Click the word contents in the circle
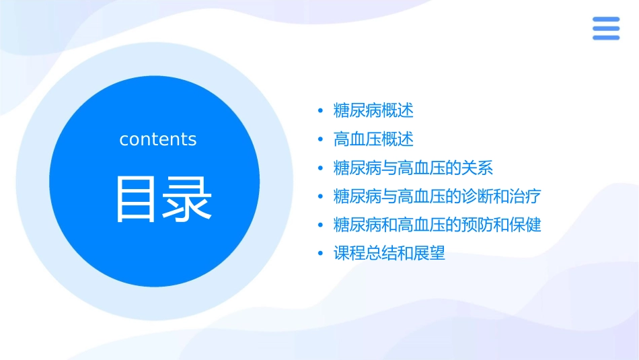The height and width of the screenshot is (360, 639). coord(158,139)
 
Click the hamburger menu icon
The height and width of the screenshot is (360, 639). coord(606,29)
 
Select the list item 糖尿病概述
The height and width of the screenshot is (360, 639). coord(373,110)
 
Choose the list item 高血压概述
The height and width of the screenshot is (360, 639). coord(373,139)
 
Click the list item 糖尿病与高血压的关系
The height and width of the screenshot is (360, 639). coord(413,168)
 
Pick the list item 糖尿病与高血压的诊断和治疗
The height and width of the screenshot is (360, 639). coord(437,196)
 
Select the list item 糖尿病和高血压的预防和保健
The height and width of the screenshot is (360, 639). coord(437,225)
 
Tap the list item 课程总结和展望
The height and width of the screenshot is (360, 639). coord(389,254)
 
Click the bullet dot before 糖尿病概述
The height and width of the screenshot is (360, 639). coord(321,110)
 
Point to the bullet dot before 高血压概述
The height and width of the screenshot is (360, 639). coord(321,140)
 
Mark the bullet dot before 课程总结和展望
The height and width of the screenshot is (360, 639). coord(321,254)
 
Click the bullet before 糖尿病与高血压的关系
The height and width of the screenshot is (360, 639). coord(321,168)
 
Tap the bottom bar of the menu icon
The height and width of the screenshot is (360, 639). coord(606,38)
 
